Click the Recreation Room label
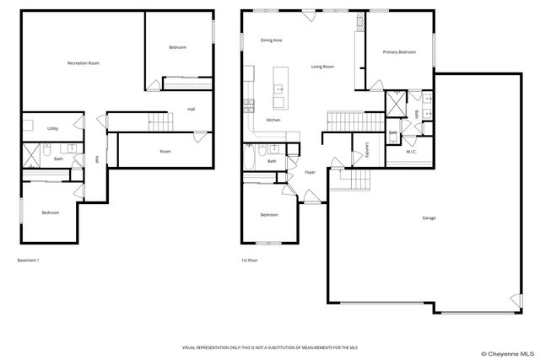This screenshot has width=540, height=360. click(x=84, y=63)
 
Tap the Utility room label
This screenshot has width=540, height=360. click(x=52, y=129)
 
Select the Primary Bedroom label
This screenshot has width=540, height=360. click(x=399, y=52)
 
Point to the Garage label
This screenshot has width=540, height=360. click(x=429, y=218)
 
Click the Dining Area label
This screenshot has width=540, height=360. click(x=271, y=40)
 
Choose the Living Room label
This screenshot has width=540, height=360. click(x=322, y=67)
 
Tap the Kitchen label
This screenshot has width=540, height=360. click(x=273, y=121)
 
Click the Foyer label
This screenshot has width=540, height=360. click(x=310, y=172)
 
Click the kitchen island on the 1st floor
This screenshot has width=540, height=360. click(x=278, y=89)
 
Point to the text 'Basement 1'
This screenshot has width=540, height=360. click(x=29, y=261)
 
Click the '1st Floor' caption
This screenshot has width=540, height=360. click(x=250, y=261)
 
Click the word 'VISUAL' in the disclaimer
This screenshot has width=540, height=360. click(x=191, y=347)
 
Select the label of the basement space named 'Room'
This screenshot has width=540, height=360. click(x=165, y=152)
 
